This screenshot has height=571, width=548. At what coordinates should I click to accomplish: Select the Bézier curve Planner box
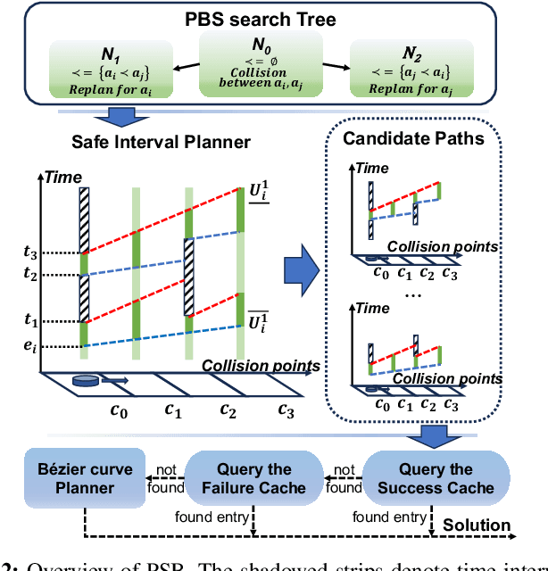84,479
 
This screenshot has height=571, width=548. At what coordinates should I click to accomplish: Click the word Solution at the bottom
477,526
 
